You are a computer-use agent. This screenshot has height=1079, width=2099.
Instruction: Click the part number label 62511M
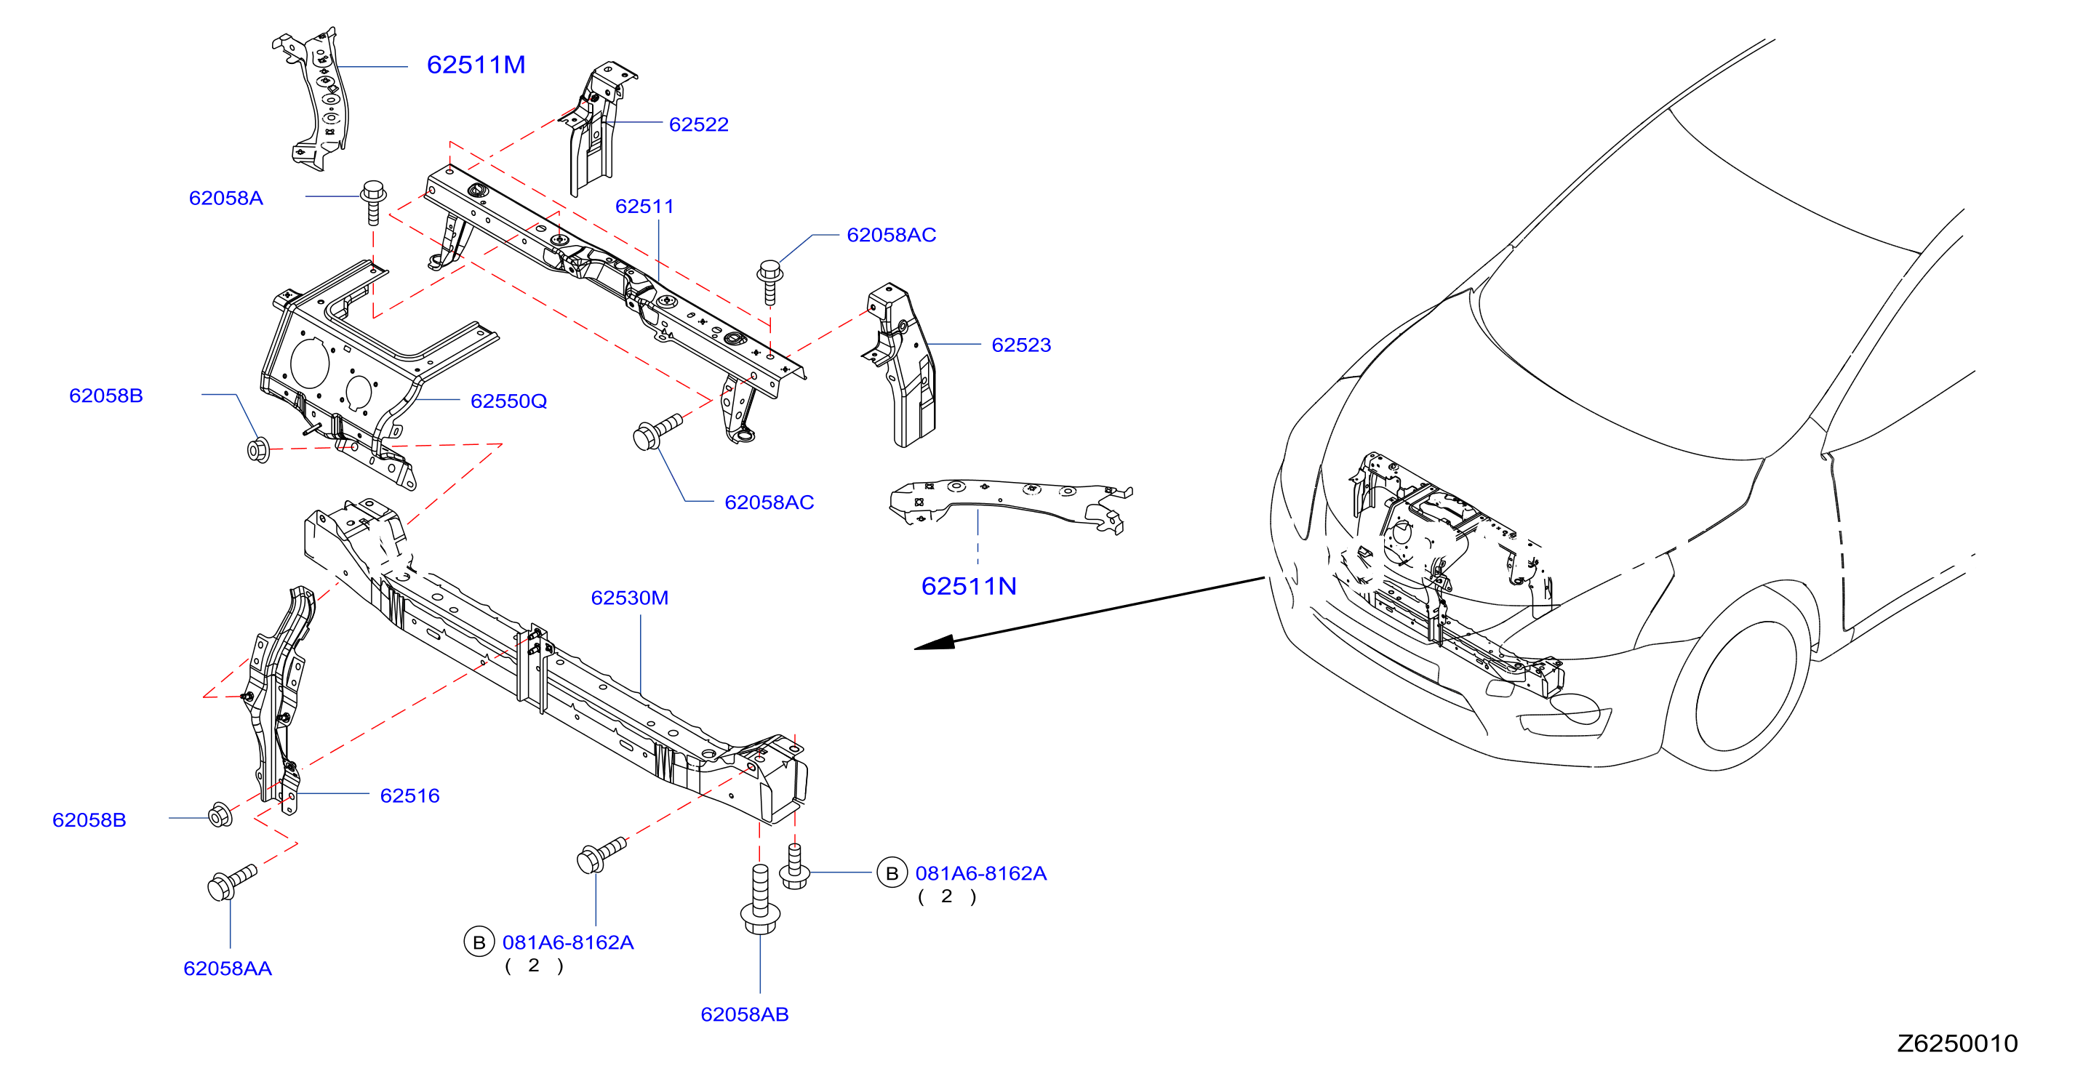[x=476, y=65]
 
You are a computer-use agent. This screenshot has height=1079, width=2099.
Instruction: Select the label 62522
[x=698, y=124]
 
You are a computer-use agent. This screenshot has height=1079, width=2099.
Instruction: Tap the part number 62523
[x=1021, y=345]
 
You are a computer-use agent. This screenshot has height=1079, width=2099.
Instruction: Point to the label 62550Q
[x=508, y=401]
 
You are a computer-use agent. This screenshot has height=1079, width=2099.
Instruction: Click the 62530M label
[x=629, y=598]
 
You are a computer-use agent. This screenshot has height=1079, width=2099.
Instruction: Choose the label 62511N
[x=969, y=586]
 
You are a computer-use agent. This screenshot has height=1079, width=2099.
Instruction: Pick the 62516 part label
[x=410, y=796]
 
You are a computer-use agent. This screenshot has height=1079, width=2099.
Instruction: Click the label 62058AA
[x=228, y=969]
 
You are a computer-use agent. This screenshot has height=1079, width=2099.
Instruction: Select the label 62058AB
[x=745, y=1015]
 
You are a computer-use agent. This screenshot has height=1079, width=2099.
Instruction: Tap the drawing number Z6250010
[x=1957, y=1044]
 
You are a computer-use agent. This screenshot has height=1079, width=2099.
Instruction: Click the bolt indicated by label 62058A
[x=373, y=202]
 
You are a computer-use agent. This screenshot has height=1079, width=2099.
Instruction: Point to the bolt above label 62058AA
[x=231, y=882]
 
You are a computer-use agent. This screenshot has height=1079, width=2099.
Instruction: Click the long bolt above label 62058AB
[x=760, y=899]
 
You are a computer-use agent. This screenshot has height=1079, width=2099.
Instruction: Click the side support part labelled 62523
[x=900, y=365]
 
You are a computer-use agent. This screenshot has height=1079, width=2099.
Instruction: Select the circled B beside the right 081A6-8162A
[x=892, y=874]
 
